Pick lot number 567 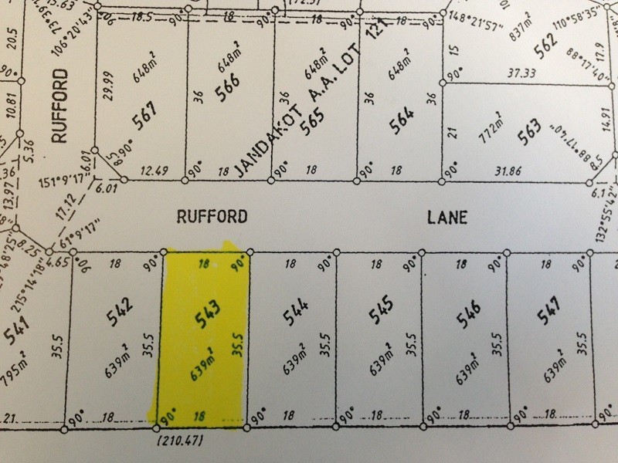144,119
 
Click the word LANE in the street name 448,218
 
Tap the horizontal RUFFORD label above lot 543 212,218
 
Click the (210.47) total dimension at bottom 178,442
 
